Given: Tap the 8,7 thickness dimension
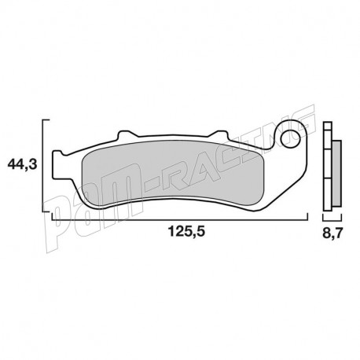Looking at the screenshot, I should click(333, 233).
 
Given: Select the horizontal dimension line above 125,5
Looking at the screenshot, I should click(181, 219).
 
